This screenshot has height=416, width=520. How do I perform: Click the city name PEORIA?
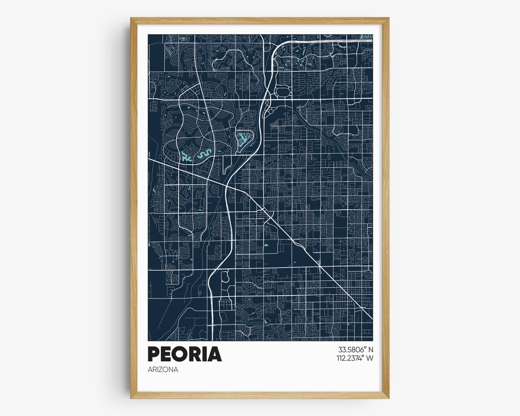[184, 354]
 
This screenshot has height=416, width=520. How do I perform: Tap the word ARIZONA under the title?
[163, 370]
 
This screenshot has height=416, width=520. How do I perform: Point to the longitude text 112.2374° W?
[355, 358]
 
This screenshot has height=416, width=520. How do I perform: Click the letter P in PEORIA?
[154, 354]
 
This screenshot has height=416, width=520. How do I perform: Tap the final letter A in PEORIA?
[215, 354]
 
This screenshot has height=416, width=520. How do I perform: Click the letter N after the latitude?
[371, 350]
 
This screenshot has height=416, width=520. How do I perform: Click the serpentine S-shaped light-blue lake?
[203, 155]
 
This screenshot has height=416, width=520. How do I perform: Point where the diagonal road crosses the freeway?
[227, 185]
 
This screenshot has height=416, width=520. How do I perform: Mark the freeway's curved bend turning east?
[277, 48]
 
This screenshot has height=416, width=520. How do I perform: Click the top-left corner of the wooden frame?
[131, 19]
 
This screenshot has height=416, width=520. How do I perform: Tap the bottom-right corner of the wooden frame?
[388, 397]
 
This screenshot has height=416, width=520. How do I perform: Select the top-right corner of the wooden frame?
[388, 19]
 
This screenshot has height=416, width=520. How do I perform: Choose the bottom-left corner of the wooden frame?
[131, 397]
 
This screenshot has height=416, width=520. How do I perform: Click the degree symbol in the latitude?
[365, 348]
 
